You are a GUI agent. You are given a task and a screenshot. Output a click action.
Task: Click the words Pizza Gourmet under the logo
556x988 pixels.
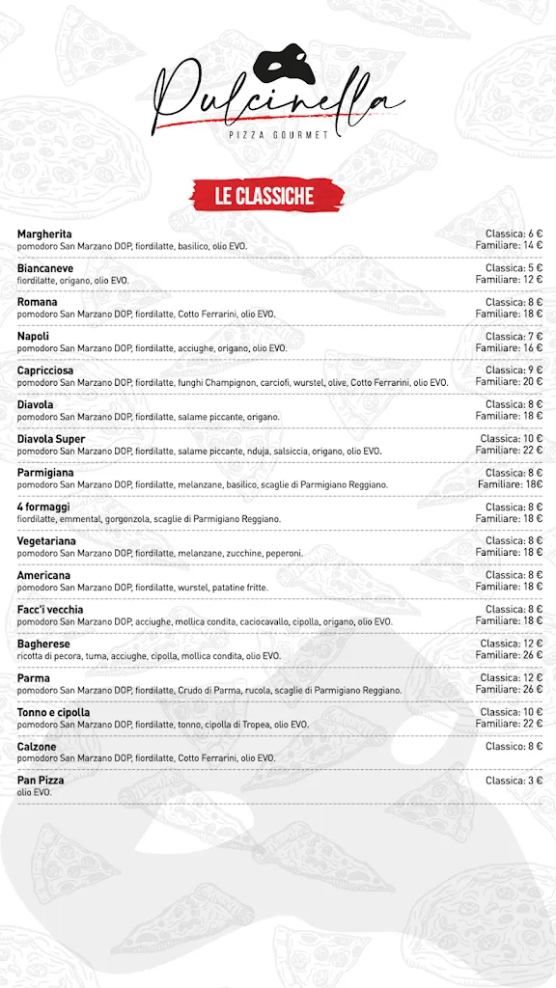point(279,135)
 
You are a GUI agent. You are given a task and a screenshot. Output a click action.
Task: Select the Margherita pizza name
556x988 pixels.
point(44,234)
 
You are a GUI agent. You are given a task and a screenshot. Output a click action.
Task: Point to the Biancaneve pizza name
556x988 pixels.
point(45,268)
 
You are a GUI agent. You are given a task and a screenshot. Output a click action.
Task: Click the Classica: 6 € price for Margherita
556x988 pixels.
point(514,233)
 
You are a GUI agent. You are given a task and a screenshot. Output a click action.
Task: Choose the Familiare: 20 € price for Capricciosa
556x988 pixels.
point(509,382)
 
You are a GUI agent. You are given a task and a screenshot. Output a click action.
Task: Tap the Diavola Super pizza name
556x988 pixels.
point(51,439)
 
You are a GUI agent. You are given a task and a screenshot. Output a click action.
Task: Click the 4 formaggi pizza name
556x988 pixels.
point(43,508)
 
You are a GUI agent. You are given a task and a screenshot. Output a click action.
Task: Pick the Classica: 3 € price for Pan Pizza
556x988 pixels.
point(514,781)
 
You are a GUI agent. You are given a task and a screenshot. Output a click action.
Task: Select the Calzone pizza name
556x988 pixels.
point(37,747)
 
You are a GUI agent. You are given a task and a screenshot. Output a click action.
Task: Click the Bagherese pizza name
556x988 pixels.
point(43,644)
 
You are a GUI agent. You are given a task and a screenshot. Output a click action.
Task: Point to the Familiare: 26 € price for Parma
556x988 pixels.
point(509,690)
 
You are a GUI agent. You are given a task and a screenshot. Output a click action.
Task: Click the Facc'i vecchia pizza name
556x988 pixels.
point(50,610)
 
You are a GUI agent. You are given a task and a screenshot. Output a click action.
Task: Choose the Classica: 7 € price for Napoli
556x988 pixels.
point(514,337)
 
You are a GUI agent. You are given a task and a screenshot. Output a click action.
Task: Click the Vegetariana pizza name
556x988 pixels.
point(46,541)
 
